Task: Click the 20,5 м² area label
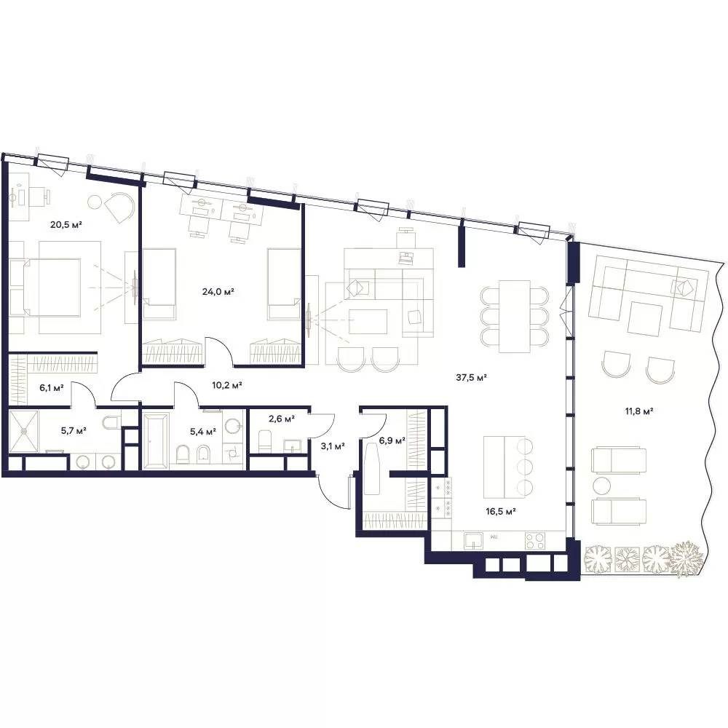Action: [x=66, y=225]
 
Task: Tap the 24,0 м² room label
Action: [x=218, y=292]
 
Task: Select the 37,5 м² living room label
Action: [x=471, y=377]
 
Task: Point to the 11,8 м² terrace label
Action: [x=639, y=411]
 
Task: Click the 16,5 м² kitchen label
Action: [x=502, y=512]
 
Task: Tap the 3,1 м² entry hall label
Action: [x=333, y=447]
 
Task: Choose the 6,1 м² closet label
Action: [x=52, y=388]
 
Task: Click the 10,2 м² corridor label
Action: [x=227, y=385]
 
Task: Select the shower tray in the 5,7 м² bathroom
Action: [x=25, y=430]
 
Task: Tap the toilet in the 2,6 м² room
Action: [x=264, y=440]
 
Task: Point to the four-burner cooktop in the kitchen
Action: [x=536, y=540]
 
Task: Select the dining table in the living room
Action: [x=515, y=316]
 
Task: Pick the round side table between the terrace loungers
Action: [x=603, y=486]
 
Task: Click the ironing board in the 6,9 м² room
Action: [x=372, y=468]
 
